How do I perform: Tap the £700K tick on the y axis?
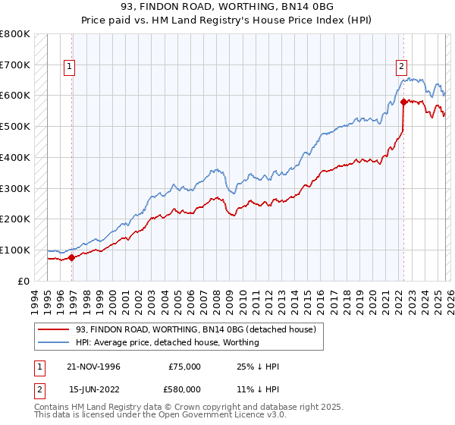point(14,65)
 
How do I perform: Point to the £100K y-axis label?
point(14,250)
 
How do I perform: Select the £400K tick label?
point(14,157)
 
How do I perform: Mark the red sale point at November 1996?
point(71,257)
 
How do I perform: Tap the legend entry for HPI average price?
point(167,342)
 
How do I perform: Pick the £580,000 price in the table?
point(185,389)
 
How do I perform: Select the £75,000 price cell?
point(185,367)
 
